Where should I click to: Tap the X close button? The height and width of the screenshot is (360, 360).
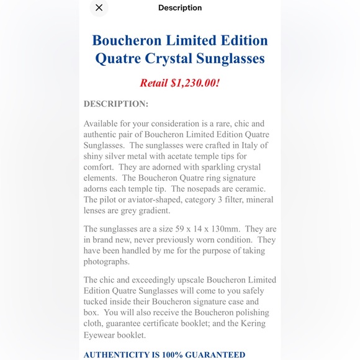(x=99, y=7)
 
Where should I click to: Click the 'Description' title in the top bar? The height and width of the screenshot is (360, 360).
(x=180, y=7)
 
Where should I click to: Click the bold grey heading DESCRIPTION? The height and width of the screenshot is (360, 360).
(x=116, y=103)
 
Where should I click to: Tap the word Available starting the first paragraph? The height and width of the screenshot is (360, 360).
(x=103, y=124)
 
